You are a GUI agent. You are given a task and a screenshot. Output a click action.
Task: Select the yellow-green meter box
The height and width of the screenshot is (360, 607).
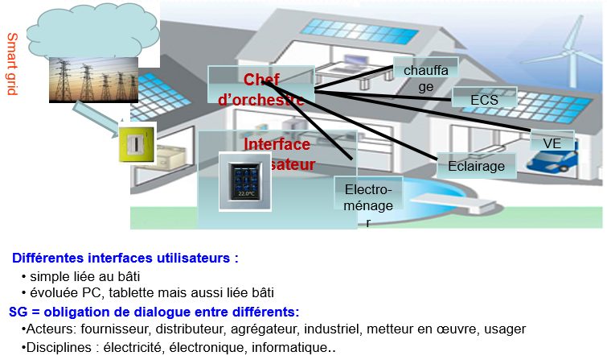[x=135, y=143]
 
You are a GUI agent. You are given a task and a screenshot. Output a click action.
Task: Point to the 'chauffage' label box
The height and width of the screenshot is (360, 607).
[x=424, y=77]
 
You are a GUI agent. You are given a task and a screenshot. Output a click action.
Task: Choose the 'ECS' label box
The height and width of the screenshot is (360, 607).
[x=484, y=100]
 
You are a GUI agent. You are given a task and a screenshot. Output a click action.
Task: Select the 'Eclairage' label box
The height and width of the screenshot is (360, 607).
[x=477, y=166]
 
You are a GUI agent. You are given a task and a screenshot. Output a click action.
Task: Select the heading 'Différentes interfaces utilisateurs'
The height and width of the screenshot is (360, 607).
[x=125, y=259]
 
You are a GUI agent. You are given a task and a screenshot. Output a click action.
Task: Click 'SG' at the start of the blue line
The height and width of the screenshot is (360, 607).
[x=17, y=312]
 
